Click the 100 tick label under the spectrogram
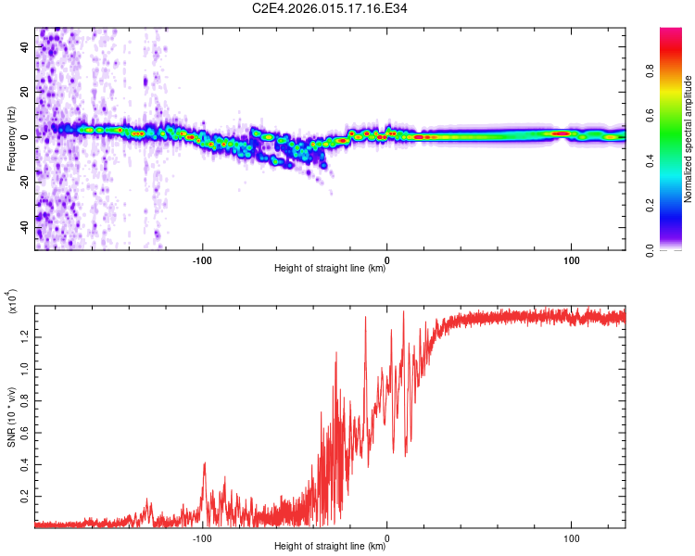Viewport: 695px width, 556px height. point(572,260)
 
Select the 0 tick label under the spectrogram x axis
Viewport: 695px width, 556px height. point(387,260)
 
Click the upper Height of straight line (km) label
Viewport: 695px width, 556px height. point(331,270)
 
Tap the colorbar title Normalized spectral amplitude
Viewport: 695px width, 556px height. point(688,139)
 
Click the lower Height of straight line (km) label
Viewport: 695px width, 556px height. point(331,547)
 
